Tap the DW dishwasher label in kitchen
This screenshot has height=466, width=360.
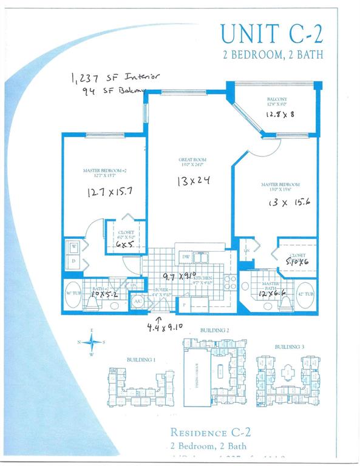click(x=186, y=257)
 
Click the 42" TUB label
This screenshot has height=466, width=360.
click(x=307, y=295)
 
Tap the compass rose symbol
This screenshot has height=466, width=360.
click(x=92, y=343)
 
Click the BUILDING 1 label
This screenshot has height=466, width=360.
click(x=141, y=359)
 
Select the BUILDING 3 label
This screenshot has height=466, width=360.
click(x=286, y=346)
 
